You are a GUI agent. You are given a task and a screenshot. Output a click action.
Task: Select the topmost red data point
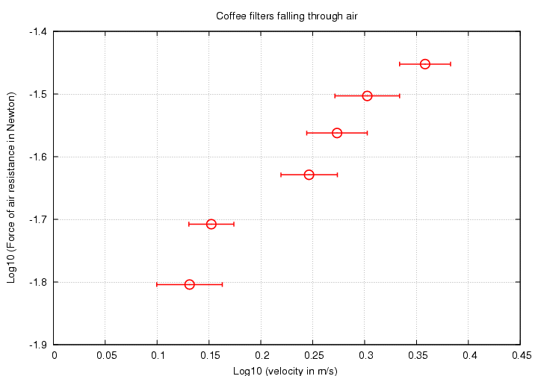click(x=424, y=64)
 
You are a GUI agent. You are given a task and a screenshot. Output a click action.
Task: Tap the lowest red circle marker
click(x=189, y=284)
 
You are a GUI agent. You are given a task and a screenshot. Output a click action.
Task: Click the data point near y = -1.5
click(x=367, y=95)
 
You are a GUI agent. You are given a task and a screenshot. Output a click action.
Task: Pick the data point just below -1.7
click(x=211, y=224)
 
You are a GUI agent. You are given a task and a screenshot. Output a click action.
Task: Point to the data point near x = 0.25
click(x=309, y=175)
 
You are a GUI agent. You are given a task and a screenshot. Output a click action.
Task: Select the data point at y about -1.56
click(x=337, y=133)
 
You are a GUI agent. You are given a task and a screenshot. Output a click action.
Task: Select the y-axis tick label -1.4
click(x=36, y=32)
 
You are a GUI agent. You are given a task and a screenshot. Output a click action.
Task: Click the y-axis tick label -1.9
click(x=36, y=345)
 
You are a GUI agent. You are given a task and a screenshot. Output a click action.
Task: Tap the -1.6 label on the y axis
click(x=36, y=157)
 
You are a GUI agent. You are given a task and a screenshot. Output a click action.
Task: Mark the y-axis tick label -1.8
click(x=36, y=283)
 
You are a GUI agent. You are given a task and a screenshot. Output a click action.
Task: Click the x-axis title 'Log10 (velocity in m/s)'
click(x=285, y=370)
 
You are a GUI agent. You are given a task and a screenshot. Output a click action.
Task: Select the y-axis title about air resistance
click(x=11, y=187)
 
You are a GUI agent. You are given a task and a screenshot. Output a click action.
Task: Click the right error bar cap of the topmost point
click(x=451, y=64)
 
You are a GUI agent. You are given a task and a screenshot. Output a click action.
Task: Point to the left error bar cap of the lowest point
click(x=157, y=284)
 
